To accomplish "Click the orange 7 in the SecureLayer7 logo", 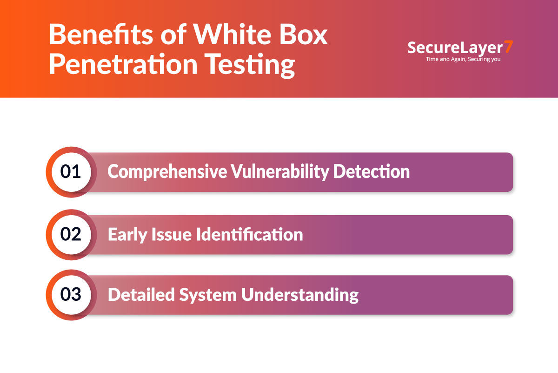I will pyautogui.click(x=509, y=47).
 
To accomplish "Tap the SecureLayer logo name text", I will pyautogui.click(x=455, y=48).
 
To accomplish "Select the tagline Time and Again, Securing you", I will pyautogui.click(x=463, y=60).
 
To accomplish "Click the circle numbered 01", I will pyautogui.click(x=71, y=172).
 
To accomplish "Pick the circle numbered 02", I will pyautogui.click(x=71, y=234).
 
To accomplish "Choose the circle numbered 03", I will pyautogui.click(x=71, y=295).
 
